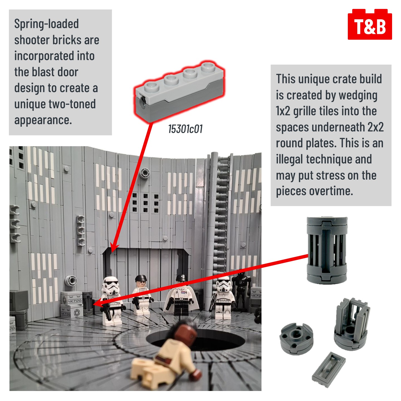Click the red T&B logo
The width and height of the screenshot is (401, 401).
[370, 24]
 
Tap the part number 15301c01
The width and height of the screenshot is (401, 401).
[185, 129]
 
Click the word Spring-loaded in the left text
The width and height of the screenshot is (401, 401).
[47, 24]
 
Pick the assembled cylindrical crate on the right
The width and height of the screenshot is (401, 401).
[327, 250]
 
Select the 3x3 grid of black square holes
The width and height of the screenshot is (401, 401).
[145, 203]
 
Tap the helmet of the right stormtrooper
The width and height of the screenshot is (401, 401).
[224, 286]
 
